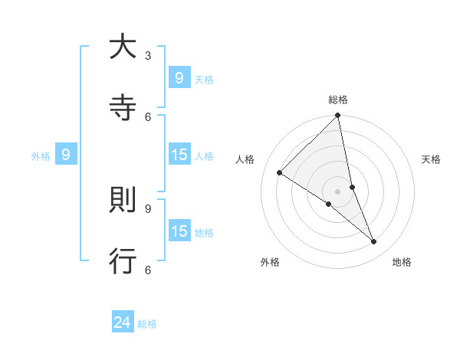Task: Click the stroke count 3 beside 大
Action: [148, 55]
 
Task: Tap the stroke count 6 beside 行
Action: [148, 269]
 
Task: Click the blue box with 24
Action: [123, 322]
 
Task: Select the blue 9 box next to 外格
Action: [66, 155]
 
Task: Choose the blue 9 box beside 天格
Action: [179, 78]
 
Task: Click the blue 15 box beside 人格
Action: [179, 155]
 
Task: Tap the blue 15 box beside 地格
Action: [179, 231]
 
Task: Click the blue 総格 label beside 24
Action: [147, 324]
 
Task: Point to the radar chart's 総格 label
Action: [338, 100]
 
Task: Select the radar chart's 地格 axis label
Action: [402, 262]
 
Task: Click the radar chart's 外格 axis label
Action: [270, 262]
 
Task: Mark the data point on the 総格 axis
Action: [338, 116]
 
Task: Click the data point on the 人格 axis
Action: [280, 173]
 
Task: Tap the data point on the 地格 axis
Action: [374, 241]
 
